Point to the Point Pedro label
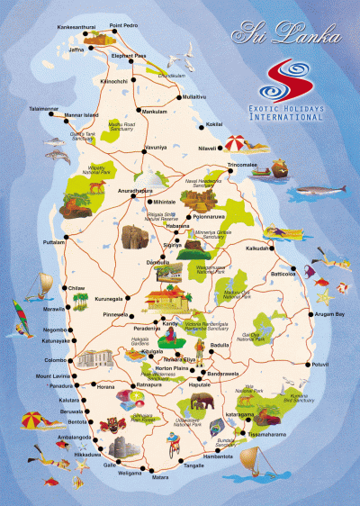pyautogui.click(x=123, y=26)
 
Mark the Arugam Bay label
pyautogui.click(x=328, y=314)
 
